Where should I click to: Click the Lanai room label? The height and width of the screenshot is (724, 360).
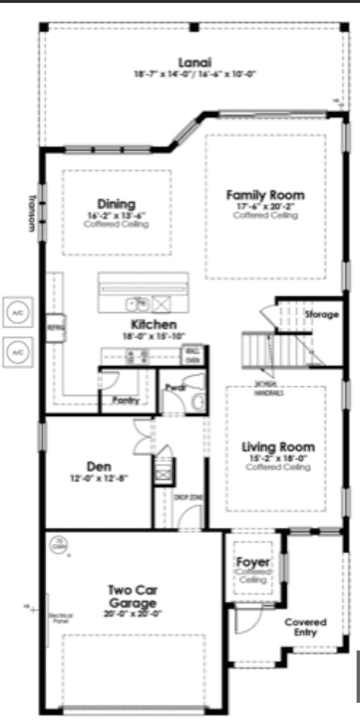coord(195,63)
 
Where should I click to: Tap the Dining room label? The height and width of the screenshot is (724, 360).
coord(116,204)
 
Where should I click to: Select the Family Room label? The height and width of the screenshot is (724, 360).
coord(265,195)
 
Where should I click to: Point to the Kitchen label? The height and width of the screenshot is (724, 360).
coord(153,324)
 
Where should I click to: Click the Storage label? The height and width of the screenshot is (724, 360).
coord(321,314)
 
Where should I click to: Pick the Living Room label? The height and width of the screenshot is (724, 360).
coord(278,446)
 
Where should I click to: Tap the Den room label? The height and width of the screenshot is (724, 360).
coord(99,467)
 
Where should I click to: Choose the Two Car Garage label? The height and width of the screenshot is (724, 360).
coord(132,596)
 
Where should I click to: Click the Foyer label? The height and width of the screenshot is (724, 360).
coord(253,562)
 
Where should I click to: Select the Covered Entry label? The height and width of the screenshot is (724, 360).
coord(305,626)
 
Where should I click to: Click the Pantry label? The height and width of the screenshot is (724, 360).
coord(126,400)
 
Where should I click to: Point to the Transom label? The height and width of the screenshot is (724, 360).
coord(32,213)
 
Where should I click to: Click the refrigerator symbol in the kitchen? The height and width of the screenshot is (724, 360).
coord(56,328)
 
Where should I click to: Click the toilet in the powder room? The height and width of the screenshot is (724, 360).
coord(198,401)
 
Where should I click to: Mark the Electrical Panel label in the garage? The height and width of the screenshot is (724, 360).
coord(60,618)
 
